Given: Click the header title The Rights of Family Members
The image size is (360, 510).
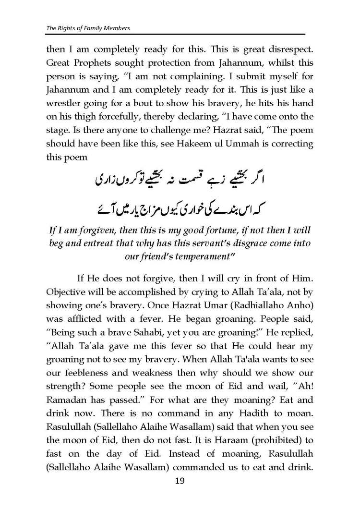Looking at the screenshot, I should coord(88,28).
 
